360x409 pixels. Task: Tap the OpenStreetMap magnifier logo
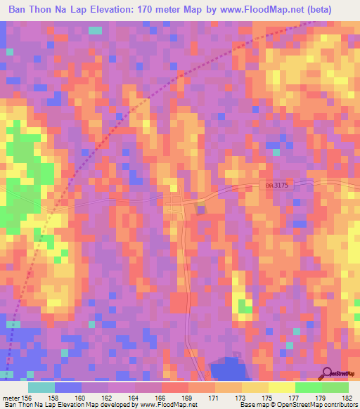coord(327,373)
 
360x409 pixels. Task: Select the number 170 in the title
coord(150,11)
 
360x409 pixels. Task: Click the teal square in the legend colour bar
coord(41,387)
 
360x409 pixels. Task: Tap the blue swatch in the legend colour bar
coord(68,387)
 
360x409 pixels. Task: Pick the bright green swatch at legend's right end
coord(335,387)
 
